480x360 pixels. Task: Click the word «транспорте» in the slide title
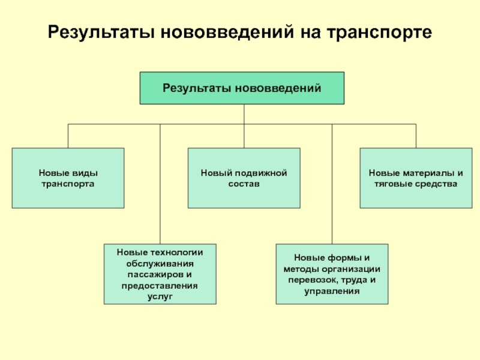pyautogui.click(x=379, y=32)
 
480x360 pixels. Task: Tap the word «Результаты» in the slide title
pyautogui.click(x=101, y=32)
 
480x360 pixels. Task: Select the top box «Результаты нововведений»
pyautogui.click(x=242, y=88)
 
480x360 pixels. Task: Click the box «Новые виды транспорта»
pyautogui.click(x=68, y=178)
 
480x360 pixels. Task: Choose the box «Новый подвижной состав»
pyautogui.click(x=244, y=178)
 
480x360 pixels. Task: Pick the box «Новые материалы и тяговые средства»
pyautogui.click(x=416, y=178)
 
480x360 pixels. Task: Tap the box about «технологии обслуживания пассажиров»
pyautogui.click(x=160, y=274)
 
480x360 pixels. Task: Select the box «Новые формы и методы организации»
pyautogui.click(x=332, y=274)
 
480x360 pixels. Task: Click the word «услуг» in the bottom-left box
pyautogui.click(x=160, y=296)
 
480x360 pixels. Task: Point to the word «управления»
pyautogui.click(x=332, y=291)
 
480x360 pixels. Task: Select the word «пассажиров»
pyautogui.click(x=156, y=275)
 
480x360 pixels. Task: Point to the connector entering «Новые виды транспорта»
pyautogui.click(x=68, y=136)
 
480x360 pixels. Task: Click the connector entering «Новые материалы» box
pyautogui.click(x=416, y=136)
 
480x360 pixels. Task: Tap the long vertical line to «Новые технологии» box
pyautogui.click(x=160, y=184)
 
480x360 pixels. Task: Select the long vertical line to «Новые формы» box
pyautogui.click(x=332, y=184)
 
